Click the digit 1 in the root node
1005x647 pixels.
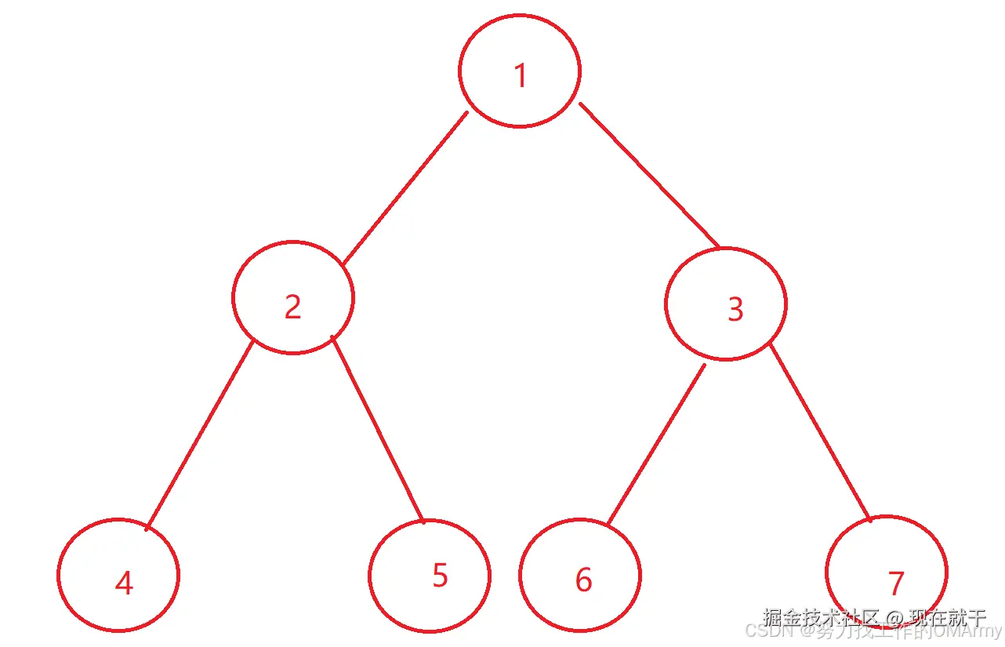[520, 76]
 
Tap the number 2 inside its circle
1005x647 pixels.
[292, 307]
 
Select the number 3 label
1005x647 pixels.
[735, 310]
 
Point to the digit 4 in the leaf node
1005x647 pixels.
[124, 583]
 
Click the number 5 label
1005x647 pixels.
[440, 576]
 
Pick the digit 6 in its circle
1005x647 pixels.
[583, 580]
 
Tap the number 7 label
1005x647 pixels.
[896, 583]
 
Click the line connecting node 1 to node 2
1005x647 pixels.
[405, 188]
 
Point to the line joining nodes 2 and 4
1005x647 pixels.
[199, 435]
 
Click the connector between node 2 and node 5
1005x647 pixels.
[378, 429]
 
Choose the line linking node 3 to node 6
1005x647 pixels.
[656, 445]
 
